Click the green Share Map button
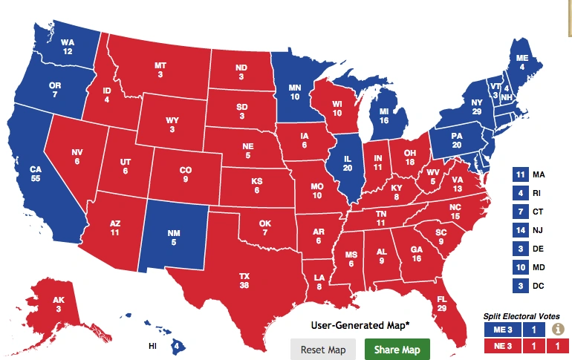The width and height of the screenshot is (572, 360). (x=397, y=349)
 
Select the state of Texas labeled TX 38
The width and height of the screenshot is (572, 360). (x=244, y=280)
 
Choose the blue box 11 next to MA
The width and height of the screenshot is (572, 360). (x=520, y=175)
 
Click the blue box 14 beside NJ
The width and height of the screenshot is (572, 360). (x=520, y=231)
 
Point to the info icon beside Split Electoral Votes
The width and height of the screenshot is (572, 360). (x=557, y=330)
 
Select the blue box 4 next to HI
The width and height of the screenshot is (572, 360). (x=177, y=345)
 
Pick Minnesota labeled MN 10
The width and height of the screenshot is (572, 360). (x=294, y=91)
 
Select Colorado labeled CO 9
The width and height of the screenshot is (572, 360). (x=186, y=174)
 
